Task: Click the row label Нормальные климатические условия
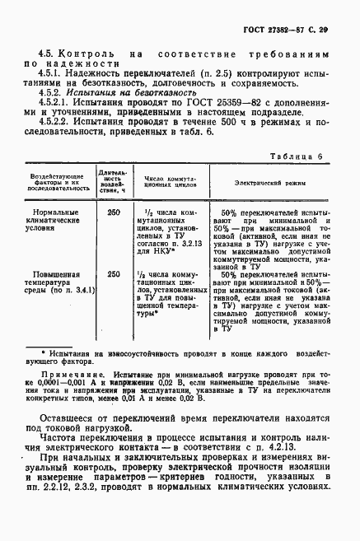[x=56, y=221]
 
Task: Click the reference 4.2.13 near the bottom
[x=312, y=445]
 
